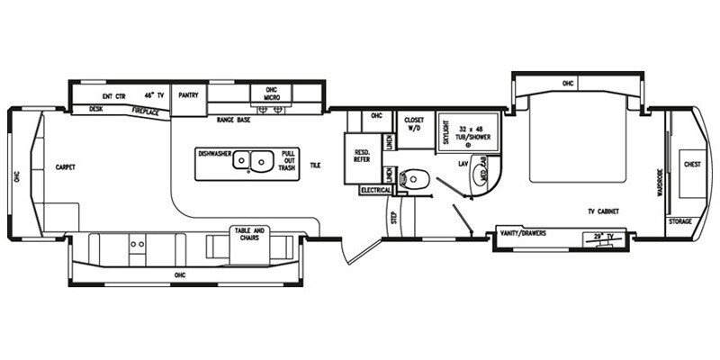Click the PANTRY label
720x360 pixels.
[188, 93]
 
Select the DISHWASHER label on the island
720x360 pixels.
[215, 153]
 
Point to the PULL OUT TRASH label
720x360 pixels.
[288, 159]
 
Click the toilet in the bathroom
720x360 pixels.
[413, 177]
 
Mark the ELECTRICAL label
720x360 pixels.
[374, 191]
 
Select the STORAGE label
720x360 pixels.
[680, 220]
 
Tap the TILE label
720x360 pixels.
[315, 166]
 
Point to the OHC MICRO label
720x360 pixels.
[271, 93]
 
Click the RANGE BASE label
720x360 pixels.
[232, 119]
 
